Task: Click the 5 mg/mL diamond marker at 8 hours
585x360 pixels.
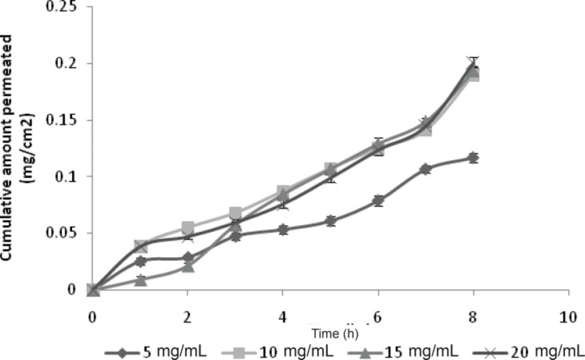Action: coord(473,158)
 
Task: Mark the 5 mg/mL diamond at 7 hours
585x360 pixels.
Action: coord(425,169)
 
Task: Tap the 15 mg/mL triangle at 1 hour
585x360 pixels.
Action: coord(140,280)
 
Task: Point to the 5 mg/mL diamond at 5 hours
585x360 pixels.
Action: coord(331,221)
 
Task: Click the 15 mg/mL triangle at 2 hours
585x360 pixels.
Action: coord(188,266)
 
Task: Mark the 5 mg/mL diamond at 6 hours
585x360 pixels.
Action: coord(378,201)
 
